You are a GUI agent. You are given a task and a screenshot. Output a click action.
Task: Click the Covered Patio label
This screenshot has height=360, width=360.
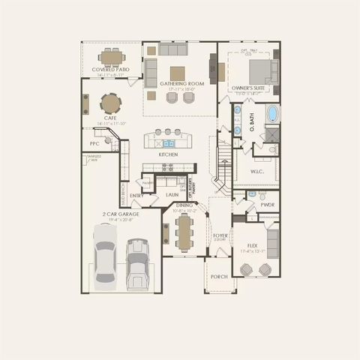tap(111, 70)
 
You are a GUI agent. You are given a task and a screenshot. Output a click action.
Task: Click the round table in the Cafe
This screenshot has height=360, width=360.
tap(110, 102)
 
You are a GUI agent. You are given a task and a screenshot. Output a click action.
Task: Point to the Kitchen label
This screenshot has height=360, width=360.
tap(168, 154)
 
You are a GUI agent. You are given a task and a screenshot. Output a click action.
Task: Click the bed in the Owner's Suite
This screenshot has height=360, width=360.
tap(260, 70)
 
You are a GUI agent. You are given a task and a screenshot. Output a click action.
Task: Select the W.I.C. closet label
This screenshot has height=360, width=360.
tap(256, 170)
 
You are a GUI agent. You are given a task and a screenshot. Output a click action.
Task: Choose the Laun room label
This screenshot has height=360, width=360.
tap(172, 194)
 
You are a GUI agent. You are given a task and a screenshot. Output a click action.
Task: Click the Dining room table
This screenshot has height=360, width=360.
tap(184, 235)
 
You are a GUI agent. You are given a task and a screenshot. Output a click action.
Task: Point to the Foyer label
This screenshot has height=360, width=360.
tap(220, 235)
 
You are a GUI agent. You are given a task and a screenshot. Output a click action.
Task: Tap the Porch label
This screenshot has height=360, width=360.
tap(219, 276)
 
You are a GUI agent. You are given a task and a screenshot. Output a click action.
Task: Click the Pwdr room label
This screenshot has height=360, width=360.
tap(267, 203)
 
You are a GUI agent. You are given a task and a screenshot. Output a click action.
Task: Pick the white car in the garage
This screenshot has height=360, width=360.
tap(104, 255)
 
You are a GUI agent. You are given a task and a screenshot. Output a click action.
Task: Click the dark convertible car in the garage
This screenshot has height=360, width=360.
tap(136, 263)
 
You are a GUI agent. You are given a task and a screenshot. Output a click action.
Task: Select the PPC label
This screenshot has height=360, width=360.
tap(94, 143)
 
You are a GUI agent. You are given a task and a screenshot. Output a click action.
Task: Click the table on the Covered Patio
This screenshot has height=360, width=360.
tap(112, 56)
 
